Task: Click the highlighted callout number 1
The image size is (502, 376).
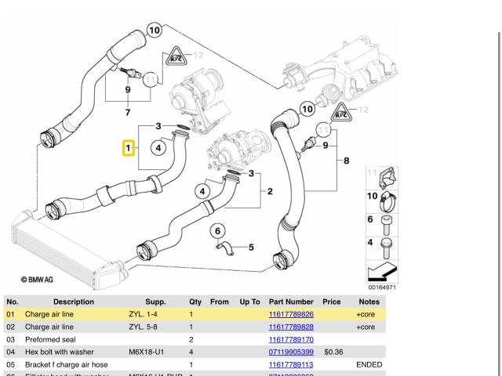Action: point(127,147)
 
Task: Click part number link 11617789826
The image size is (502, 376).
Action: point(291,314)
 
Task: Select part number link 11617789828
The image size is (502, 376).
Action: point(291,327)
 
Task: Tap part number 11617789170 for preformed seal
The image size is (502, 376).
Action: point(291,339)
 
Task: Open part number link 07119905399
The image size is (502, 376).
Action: point(291,352)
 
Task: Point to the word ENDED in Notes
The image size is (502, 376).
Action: point(369,364)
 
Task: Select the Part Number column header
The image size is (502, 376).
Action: point(291,302)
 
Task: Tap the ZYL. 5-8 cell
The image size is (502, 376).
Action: point(144,327)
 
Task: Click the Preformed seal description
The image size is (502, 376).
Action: point(51,339)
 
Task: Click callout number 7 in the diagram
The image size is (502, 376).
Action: point(128,113)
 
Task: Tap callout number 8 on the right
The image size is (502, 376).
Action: point(346,162)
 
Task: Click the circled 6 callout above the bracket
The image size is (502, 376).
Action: point(219,230)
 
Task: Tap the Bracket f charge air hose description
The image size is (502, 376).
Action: point(66,364)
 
